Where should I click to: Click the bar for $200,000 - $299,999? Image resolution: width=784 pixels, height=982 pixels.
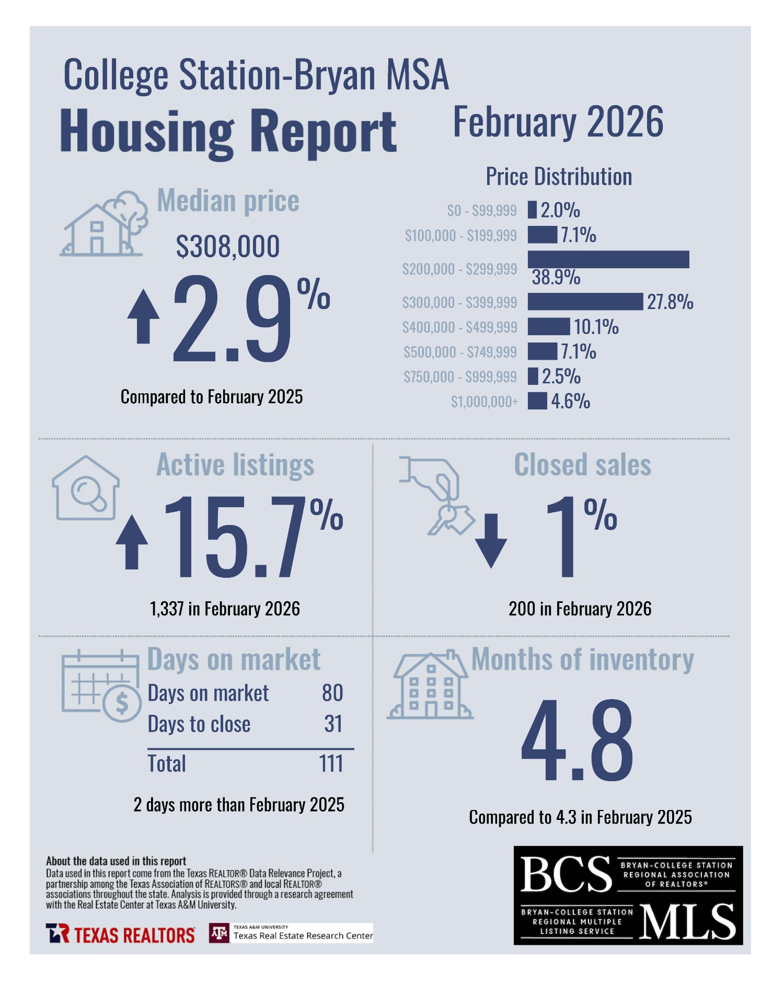click(608, 259)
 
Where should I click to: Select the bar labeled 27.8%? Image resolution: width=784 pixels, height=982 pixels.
click(585, 302)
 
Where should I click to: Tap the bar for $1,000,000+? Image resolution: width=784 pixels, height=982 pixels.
click(537, 401)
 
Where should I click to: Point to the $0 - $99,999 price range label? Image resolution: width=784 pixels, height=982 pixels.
click(481, 210)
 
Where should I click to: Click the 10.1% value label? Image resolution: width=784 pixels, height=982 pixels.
click(596, 327)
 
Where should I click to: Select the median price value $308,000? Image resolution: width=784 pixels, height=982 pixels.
click(228, 246)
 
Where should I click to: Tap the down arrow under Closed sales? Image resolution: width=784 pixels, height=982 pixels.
click(491, 541)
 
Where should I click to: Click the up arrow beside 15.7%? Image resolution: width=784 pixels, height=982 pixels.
click(132, 542)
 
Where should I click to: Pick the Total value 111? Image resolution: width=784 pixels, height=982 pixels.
click(331, 763)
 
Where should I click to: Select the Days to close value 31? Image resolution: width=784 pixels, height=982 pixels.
click(333, 724)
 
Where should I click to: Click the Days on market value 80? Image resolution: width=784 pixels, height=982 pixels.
click(332, 693)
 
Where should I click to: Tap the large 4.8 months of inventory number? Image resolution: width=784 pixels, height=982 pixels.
click(578, 741)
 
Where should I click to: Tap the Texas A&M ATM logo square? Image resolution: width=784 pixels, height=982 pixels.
click(219, 933)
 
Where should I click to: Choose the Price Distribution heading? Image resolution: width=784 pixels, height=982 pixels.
click(559, 177)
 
